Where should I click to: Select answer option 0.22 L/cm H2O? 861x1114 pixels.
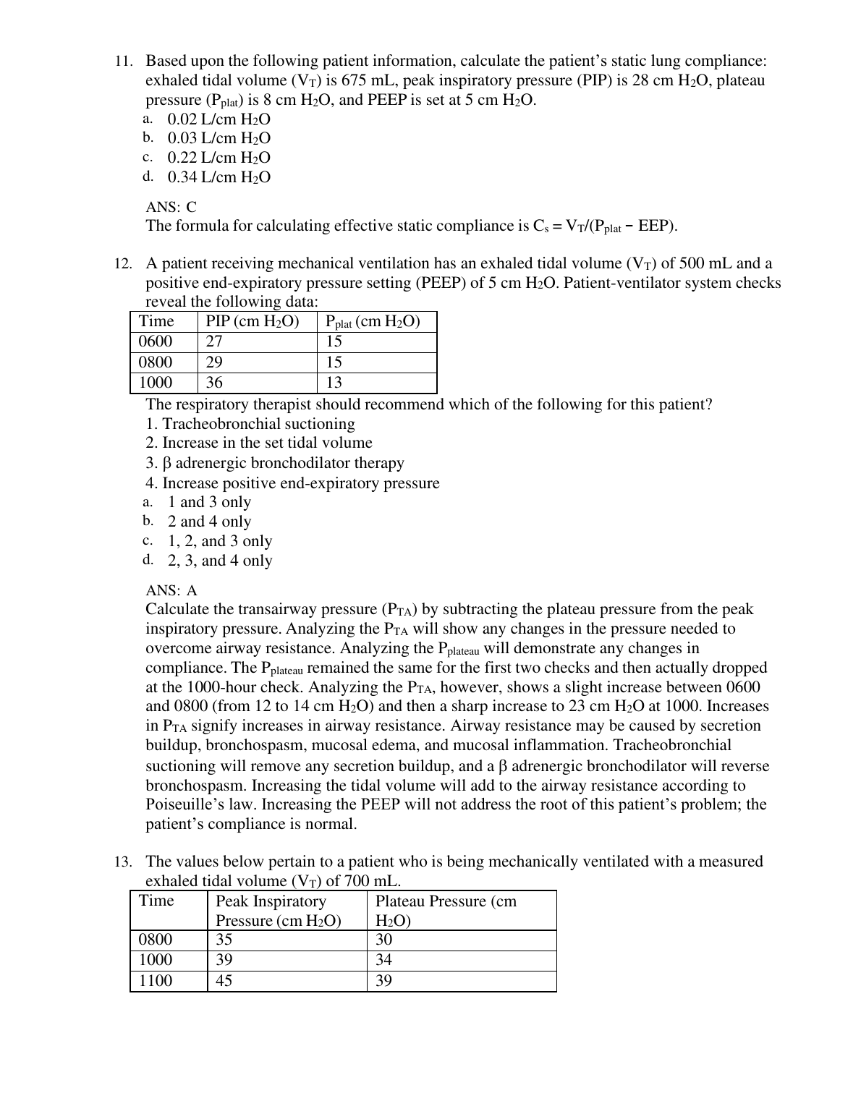click(x=219, y=158)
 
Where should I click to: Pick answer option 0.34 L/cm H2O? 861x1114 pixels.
click(x=219, y=177)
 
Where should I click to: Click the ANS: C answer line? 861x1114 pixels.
click(x=171, y=207)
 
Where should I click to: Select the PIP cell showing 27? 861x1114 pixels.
click(x=214, y=342)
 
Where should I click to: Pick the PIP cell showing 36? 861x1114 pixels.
click(x=214, y=383)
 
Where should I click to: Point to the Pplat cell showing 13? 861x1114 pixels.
click(x=334, y=383)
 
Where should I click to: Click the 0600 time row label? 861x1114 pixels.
click(x=156, y=342)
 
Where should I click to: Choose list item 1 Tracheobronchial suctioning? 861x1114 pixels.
click(x=250, y=424)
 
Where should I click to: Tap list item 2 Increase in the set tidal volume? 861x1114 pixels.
click(x=259, y=443)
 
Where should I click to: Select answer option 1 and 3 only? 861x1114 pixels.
click(x=209, y=502)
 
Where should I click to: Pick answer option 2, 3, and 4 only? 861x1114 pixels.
click(x=220, y=561)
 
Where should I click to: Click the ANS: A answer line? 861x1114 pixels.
click(x=171, y=591)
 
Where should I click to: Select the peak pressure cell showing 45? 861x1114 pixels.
click(x=224, y=981)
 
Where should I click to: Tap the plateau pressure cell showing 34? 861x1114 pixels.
click(x=384, y=960)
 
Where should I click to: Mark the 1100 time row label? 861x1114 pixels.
click(x=156, y=981)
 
